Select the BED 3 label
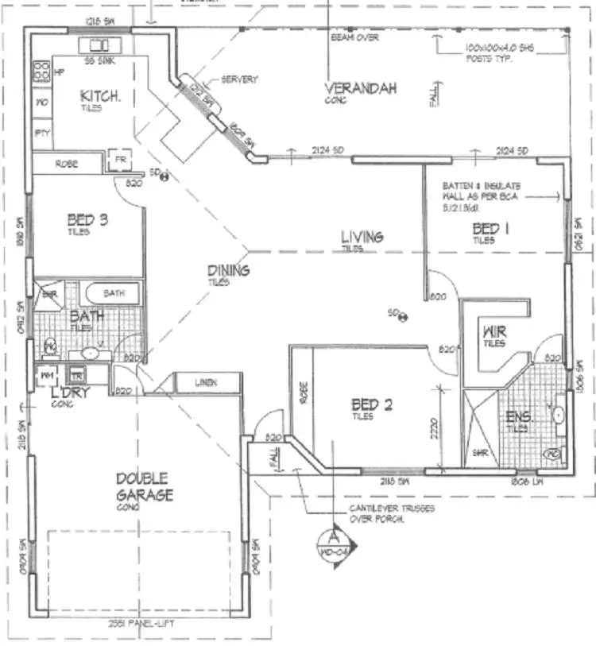click(x=88, y=219)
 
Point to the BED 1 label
click(x=487, y=230)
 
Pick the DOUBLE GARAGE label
click(x=142, y=486)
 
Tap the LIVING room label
click(x=362, y=237)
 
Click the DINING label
click(x=228, y=270)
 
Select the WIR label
click(x=495, y=331)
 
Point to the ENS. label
click(x=521, y=416)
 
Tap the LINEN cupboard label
click(x=206, y=383)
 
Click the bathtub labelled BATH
click(x=113, y=293)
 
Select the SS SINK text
click(x=99, y=61)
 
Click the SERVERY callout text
click(x=240, y=79)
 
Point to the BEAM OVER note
click(x=356, y=37)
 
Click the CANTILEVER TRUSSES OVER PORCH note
click(x=393, y=513)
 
